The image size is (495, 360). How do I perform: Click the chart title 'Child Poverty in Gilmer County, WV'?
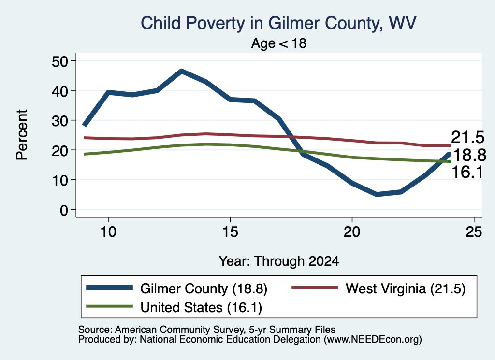[278, 23]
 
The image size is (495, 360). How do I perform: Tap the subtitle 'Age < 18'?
[279, 43]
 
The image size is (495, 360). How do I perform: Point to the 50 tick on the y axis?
[59, 61]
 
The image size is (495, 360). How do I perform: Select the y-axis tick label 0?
[64, 210]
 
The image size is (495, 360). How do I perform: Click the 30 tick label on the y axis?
[59, 120]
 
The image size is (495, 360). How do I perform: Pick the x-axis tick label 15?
[230, 232]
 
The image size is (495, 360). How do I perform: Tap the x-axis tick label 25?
[474, 232]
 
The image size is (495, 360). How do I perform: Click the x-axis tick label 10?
[108, 232]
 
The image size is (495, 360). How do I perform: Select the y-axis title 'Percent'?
[22, 135]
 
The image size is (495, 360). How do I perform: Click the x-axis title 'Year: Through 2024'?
[279, 261]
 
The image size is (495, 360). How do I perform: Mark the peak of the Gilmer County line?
[181, 71]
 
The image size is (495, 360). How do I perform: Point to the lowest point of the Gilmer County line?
[376, 194]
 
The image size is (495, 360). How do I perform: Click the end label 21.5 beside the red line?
[467, 138]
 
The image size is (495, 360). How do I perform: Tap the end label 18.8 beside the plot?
[469, 155]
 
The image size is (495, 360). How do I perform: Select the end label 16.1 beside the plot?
[467, 173]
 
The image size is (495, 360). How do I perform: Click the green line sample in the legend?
[109, 306]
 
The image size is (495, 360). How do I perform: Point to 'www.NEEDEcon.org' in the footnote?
[373, 340]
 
